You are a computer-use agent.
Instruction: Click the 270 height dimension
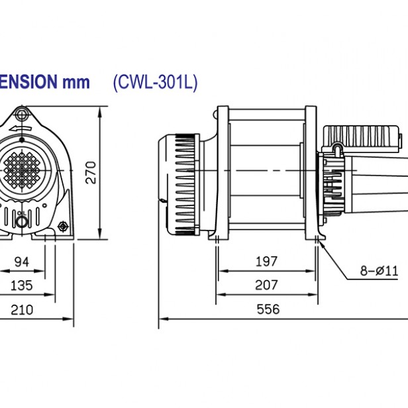click(93, 172)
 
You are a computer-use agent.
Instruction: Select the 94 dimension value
click(22, 262)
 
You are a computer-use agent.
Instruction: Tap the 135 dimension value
click(22, 286)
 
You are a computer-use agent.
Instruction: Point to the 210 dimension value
click(22, 309)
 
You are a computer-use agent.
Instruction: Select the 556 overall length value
click(268, 309)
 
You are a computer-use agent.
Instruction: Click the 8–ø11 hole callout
click(378, 270)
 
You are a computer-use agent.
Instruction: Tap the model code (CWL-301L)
click(155, 82)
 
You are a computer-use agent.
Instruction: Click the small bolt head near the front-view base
click(63, 227)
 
